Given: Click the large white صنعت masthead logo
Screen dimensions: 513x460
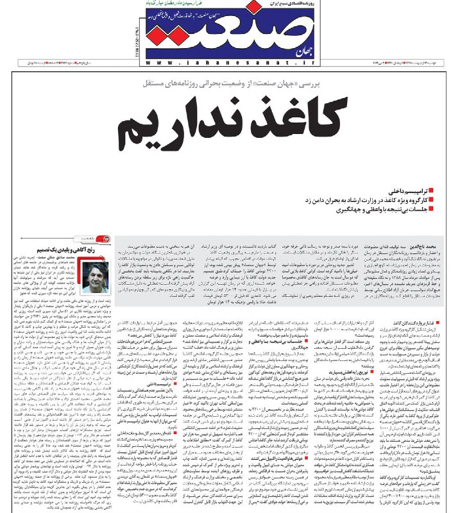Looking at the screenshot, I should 221,32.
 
